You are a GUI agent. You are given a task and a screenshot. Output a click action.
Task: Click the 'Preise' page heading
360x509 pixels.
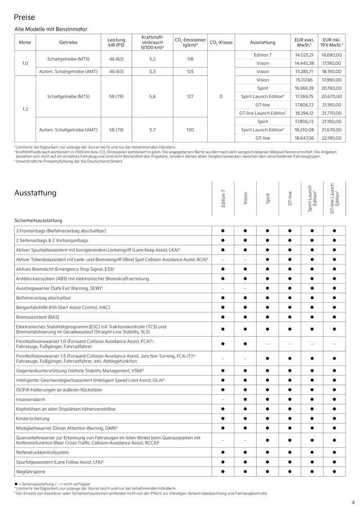tap(25, 17)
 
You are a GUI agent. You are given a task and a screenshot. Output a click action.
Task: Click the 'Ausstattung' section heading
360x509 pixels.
tap(35, 193)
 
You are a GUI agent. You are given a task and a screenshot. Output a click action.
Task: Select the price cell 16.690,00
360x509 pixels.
tap(332, 55)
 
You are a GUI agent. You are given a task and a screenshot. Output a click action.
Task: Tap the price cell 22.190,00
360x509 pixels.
tap(332, 138)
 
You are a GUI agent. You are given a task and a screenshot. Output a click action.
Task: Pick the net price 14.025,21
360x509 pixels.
tap(304, 55)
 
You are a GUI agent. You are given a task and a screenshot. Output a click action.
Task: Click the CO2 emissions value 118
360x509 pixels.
tap(190, 59)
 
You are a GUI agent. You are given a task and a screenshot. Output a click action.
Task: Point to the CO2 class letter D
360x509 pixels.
tap(221, 96)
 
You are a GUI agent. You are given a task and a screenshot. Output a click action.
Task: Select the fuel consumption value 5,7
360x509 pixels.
tap(152, 130)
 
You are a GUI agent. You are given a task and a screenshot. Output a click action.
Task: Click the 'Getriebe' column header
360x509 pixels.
tap(68, 42)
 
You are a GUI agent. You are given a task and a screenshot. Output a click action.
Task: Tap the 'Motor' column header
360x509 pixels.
tap(25, 42)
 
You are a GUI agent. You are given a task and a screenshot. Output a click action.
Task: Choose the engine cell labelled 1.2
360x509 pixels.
tap(25, 109)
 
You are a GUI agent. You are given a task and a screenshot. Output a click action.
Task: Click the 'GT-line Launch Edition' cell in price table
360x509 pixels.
tap(262, 113)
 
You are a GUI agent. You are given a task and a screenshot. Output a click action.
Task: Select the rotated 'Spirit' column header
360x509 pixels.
tap(267, 198)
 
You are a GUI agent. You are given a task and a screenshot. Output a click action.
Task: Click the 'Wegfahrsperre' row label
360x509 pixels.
tap(32, 471)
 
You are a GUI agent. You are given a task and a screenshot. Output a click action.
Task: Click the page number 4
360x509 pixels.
tap(353, 502)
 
